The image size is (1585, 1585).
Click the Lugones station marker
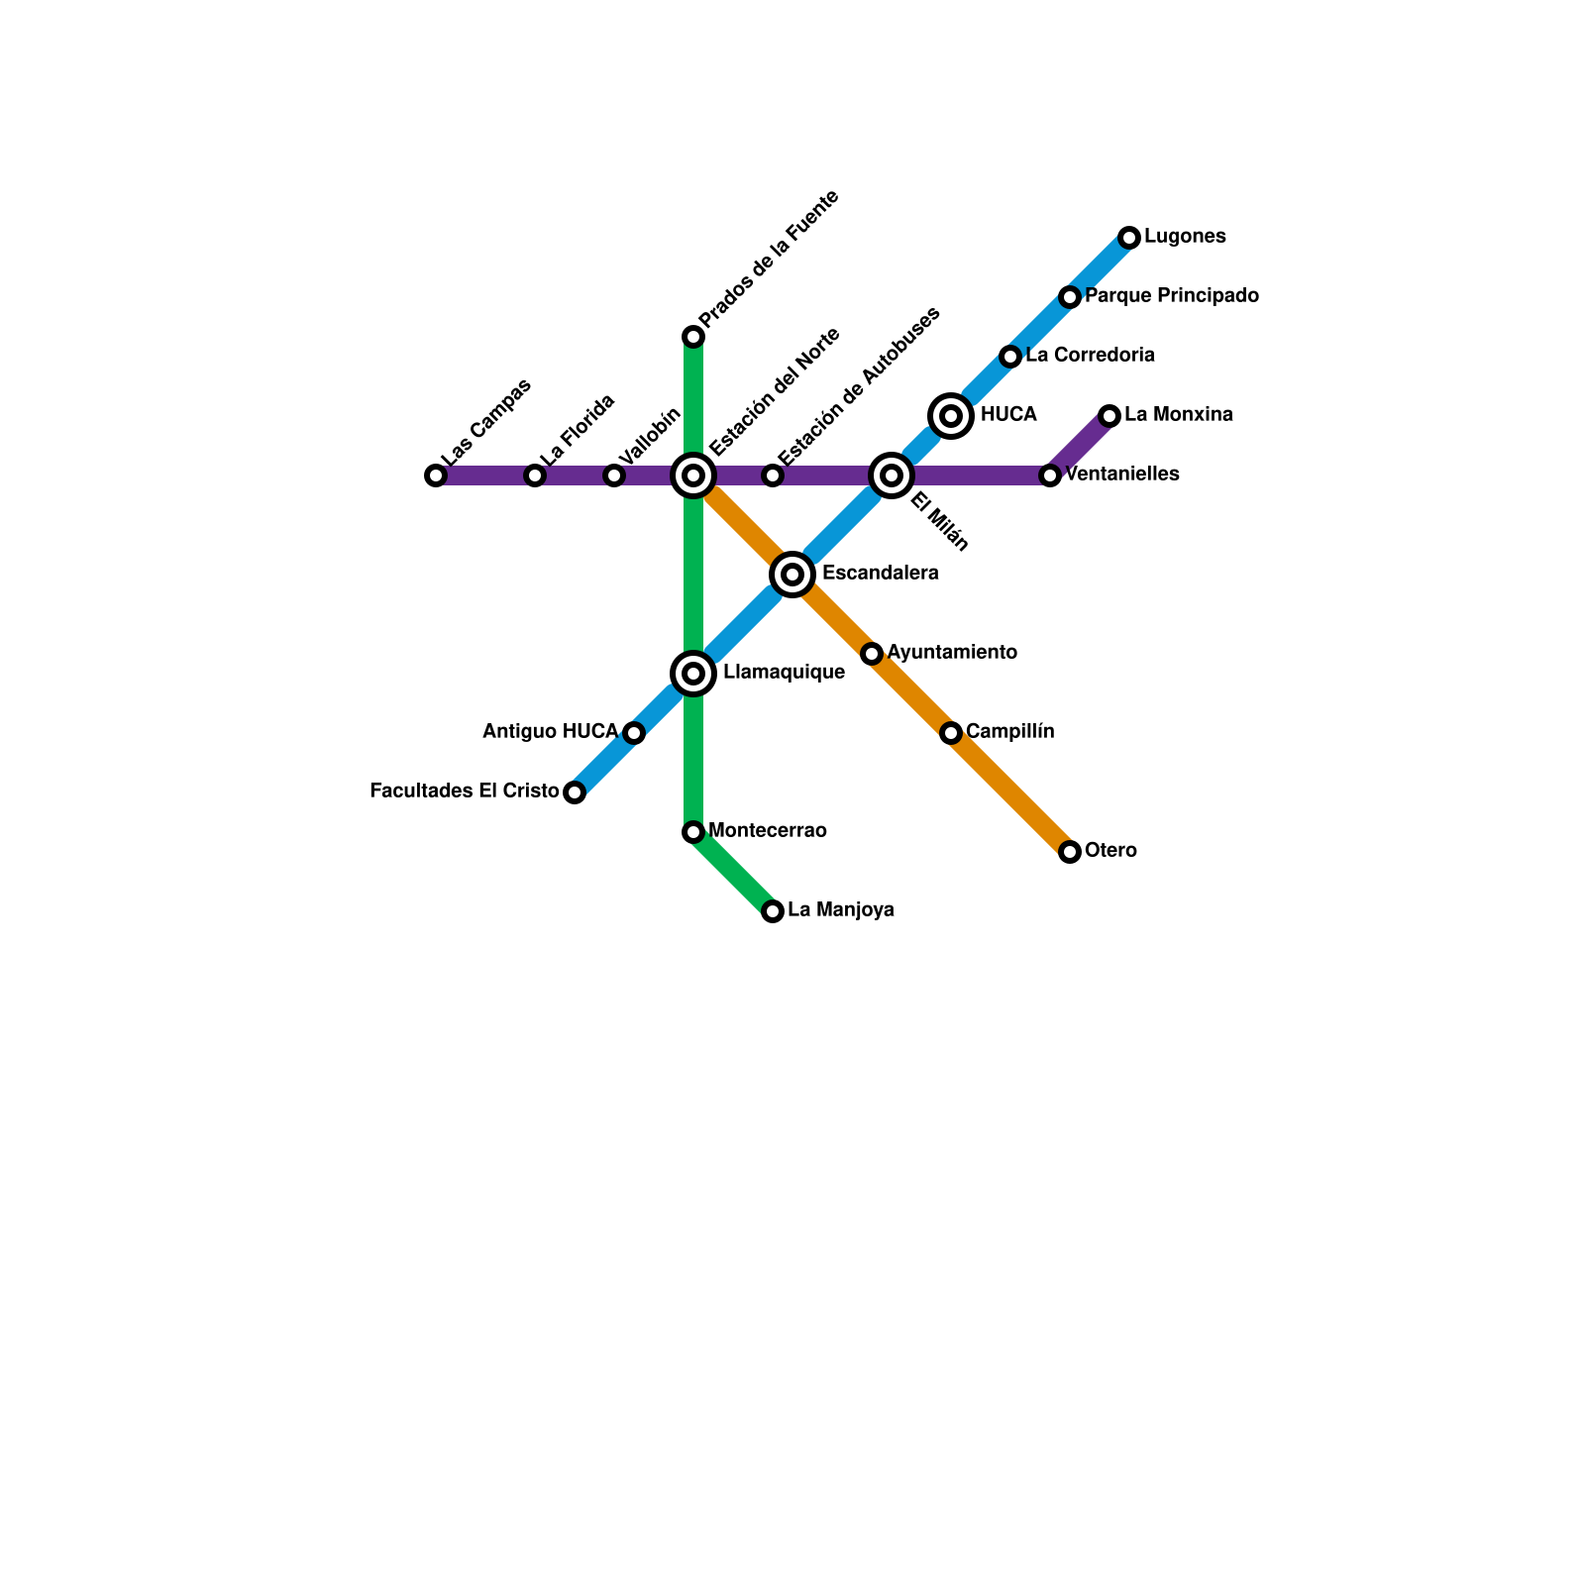[1129, 238]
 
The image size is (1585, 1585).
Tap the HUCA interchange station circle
[951, 416]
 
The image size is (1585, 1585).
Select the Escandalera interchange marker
[792, 575]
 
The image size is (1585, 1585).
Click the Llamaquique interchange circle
[693, 674]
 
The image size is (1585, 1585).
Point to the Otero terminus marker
[1070, 852]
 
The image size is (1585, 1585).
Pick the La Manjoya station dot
[773, 911]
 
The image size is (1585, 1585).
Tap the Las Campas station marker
[436, 475]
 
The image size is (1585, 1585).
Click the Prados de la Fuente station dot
[693, 337]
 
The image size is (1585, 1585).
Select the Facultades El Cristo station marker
[575, 792]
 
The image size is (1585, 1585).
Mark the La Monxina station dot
[1109, 416]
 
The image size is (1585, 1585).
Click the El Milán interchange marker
[892, 475]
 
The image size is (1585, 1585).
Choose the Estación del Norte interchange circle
[693, 475]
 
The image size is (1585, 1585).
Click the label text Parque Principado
[1171, 296]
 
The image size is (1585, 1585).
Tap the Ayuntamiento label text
[951, 653]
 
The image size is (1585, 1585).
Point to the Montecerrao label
[768, 831]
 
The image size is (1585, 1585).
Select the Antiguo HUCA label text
[550, 732]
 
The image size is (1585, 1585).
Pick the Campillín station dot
[951, 733]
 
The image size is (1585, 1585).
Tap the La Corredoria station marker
[1010, 357]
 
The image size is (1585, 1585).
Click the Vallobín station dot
[614, 475]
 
